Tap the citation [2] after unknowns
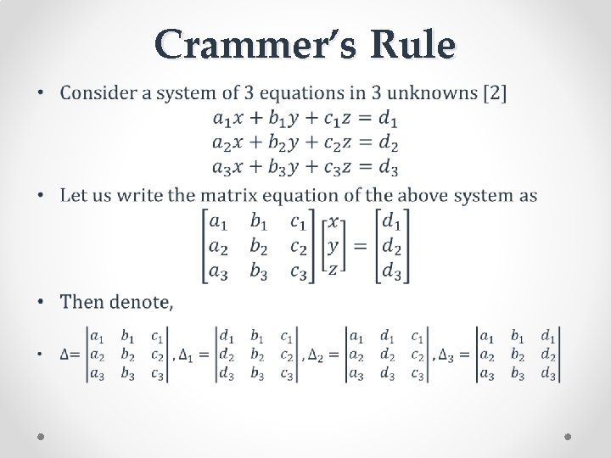pyautogui.click(x=495, y=92)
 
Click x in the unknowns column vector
pyautogui.click(x=334, y=221)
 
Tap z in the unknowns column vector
pyautogui.click(x=334, y=269)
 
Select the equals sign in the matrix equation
pyautogui.click(x=360, y=246)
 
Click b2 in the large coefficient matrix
pyautogui.click(x=258, y=247)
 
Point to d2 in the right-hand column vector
pyautogui.click(x=391, y=247)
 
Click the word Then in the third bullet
pyautogui.click(x=81, y=302)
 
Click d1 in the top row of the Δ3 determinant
pyautogui.click(x=548, y=336)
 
